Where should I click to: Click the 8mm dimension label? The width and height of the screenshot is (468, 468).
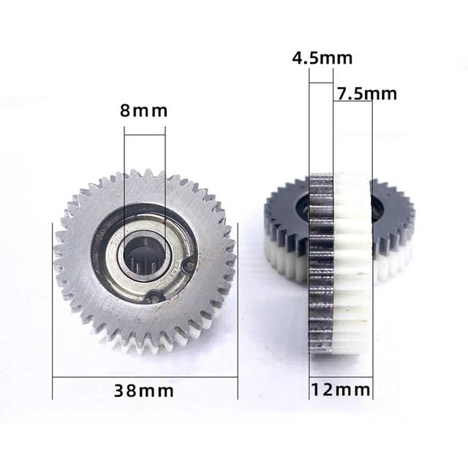[x=143, y=110]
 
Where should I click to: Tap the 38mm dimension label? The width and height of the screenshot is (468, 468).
[x=143, y=390]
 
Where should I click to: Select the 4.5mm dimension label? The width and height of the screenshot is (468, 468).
[x=322, y=58]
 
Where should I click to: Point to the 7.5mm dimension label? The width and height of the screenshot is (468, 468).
[x=367, y=94]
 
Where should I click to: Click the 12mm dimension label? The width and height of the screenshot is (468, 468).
[x=341, y=390]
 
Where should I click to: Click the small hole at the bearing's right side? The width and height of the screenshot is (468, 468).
[x=189, y=265]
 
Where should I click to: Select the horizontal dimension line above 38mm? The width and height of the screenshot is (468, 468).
[x=145, y=377]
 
